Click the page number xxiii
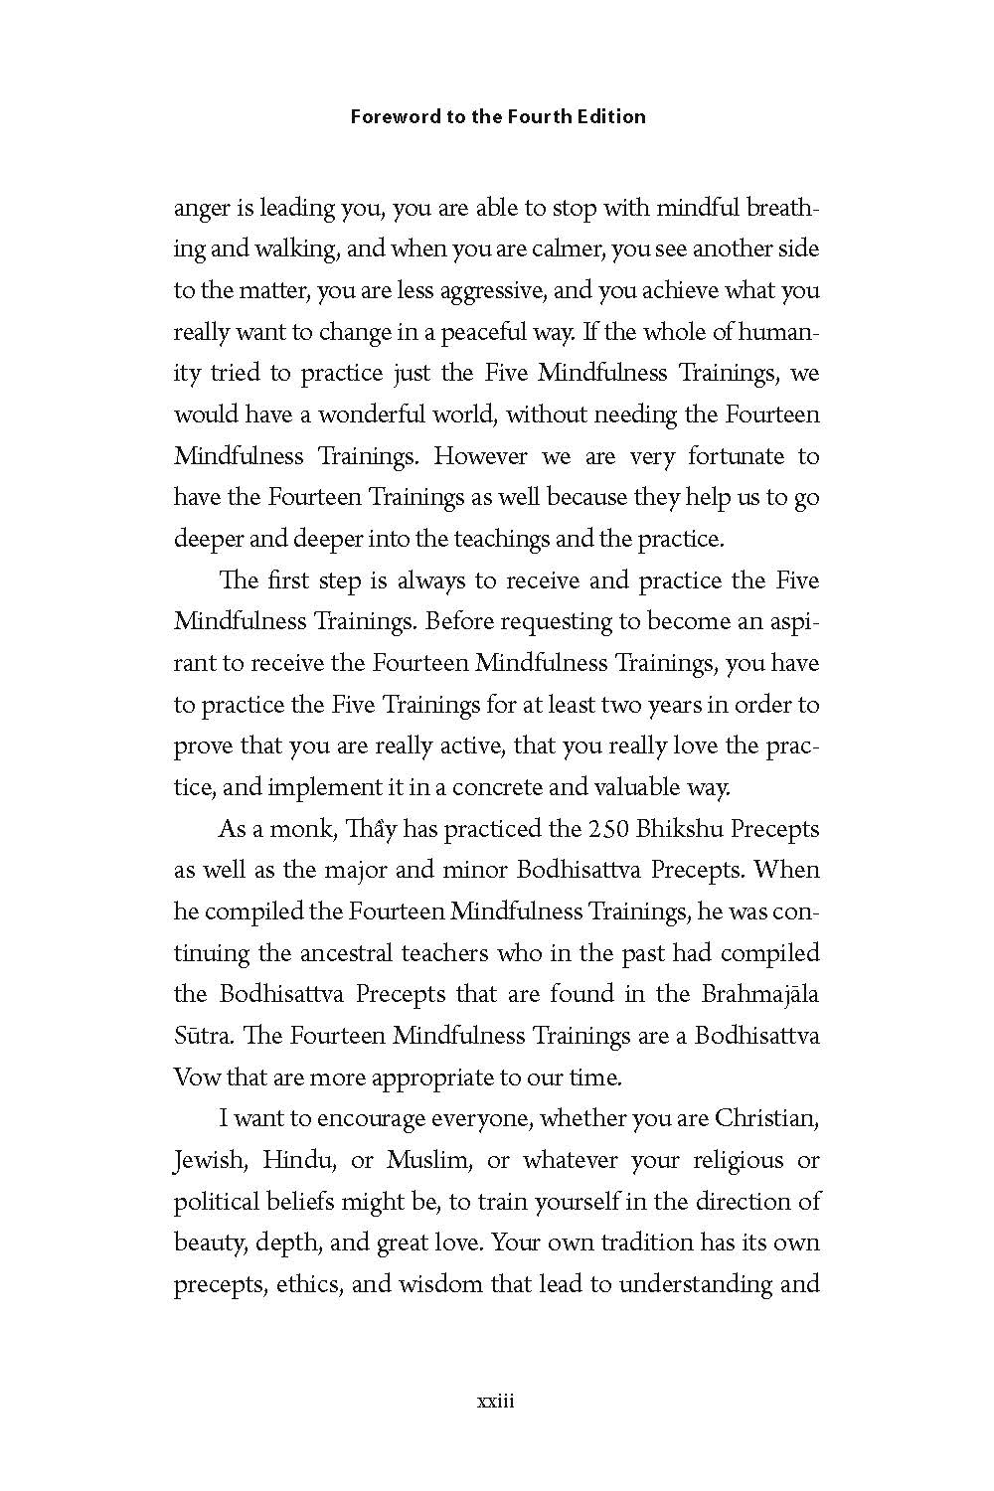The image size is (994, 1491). point(495,1402)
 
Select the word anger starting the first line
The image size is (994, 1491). point(199,209)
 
